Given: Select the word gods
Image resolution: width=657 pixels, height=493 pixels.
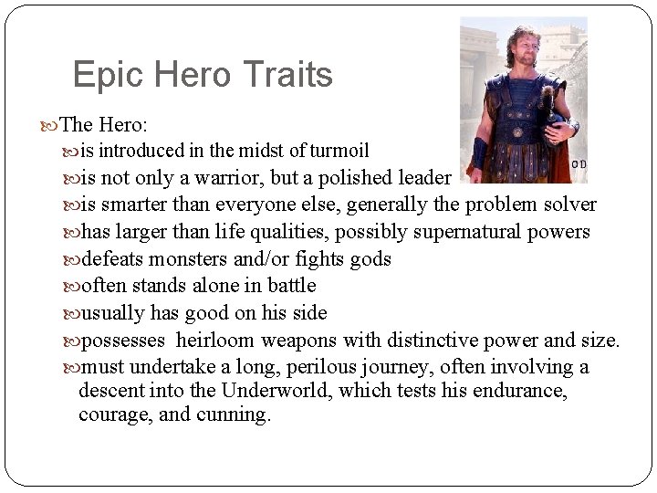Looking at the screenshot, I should tap(370, 259).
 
